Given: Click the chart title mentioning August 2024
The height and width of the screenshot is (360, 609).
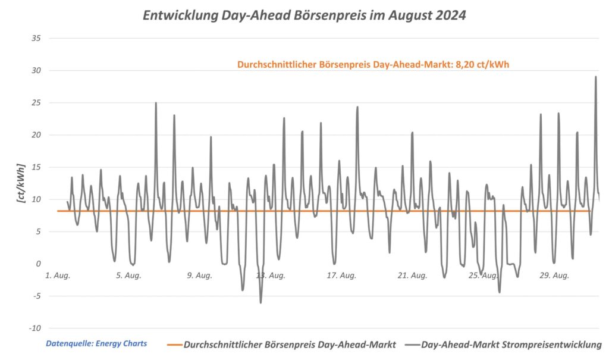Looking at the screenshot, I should coord(304,16).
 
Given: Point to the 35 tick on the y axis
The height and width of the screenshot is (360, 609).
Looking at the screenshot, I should coord(36,38).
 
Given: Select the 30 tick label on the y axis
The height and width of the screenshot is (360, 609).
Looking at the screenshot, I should coord(36,70).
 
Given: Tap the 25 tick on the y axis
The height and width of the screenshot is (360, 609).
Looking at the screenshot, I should coord(36,102).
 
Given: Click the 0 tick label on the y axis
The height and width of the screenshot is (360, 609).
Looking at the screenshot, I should coord(38,264).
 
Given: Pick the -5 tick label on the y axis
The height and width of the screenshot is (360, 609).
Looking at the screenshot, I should coord(37,296).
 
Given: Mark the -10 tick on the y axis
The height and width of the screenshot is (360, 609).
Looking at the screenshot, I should coord(35,328).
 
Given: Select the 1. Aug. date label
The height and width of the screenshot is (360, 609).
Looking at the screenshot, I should coord(58,276).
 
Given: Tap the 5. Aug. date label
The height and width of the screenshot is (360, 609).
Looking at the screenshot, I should coord(128,276).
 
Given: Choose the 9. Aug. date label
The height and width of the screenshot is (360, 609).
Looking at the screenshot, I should coord(199,276).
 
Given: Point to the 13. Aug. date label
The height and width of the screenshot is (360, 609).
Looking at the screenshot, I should coord(270,276).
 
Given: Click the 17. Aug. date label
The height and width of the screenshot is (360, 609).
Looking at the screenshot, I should coord(341,276).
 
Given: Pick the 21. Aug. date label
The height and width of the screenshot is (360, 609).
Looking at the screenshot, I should coord(412,276).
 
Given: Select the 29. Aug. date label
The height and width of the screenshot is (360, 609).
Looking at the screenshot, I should coord(553,276).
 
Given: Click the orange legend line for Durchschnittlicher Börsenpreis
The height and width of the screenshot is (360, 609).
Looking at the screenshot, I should coord(174,345).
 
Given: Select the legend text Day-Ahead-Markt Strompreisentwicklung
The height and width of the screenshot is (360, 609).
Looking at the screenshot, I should coord(511,345).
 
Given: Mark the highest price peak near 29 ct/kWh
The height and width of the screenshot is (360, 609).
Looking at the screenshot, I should coord(595,77).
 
